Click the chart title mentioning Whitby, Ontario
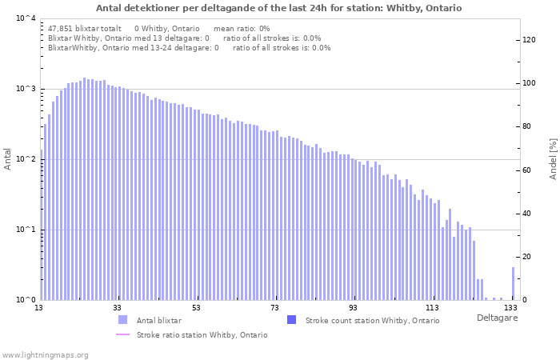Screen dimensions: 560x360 [x=278, y=8]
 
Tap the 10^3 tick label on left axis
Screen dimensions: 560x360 [x=26, y=89]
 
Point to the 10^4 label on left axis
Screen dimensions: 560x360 [x=26, y=18]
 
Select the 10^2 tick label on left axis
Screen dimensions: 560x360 [x=26, y=159]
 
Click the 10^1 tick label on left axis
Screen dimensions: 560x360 [x=26, y=230]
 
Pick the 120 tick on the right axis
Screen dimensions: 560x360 [x=530, y=40]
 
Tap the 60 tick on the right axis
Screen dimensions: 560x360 [x=527, y=170]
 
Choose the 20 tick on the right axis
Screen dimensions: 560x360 [x=527, y=257]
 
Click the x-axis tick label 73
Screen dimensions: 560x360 [x=274, y=308]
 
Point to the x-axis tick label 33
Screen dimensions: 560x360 [x=117, y=308]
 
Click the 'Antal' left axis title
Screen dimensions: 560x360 [x=7, y=159]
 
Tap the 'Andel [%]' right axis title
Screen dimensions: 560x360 [x=553, y=159]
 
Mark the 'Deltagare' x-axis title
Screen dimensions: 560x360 [x=497, y=318]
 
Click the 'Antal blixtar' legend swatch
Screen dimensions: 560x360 [x=122, y=320]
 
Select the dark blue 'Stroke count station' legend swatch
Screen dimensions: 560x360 [x=291, y=320]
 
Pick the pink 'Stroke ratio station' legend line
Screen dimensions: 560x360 [x=122, y=334]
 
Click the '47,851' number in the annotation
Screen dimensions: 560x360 [x=59, y=29]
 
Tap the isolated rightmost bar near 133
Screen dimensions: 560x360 [x=513, y=283]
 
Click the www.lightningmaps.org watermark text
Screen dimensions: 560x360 [x=45, y=355]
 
